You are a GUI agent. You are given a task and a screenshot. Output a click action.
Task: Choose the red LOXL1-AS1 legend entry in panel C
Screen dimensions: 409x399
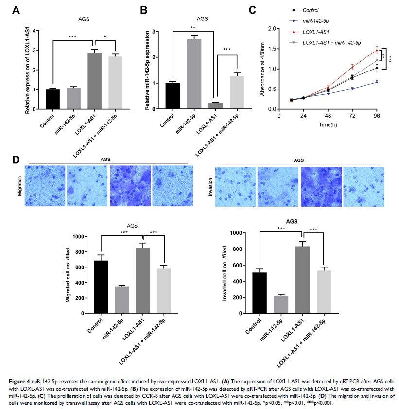coord(317,32)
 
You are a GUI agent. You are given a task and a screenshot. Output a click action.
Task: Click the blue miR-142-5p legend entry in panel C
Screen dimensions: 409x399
coord(316,20)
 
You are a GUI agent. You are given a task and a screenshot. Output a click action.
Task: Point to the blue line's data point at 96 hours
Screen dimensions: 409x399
coord(377,82)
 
